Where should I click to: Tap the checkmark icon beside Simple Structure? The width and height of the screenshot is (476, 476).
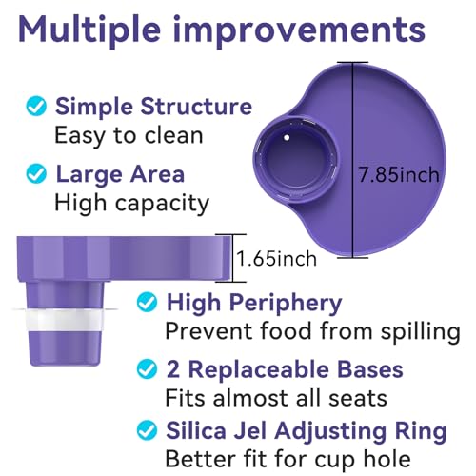tap(35, 107)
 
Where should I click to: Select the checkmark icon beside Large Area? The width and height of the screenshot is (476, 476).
tap(35, 174)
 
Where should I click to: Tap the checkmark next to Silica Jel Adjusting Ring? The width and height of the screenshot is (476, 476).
tap(148, 430)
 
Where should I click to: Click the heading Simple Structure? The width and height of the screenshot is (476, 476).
tap(153, 106)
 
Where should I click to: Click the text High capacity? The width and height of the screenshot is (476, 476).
tap(130, 202)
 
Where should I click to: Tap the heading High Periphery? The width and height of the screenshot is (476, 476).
tap(254, 304)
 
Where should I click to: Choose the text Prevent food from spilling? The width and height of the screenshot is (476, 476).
tap(312, 331)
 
